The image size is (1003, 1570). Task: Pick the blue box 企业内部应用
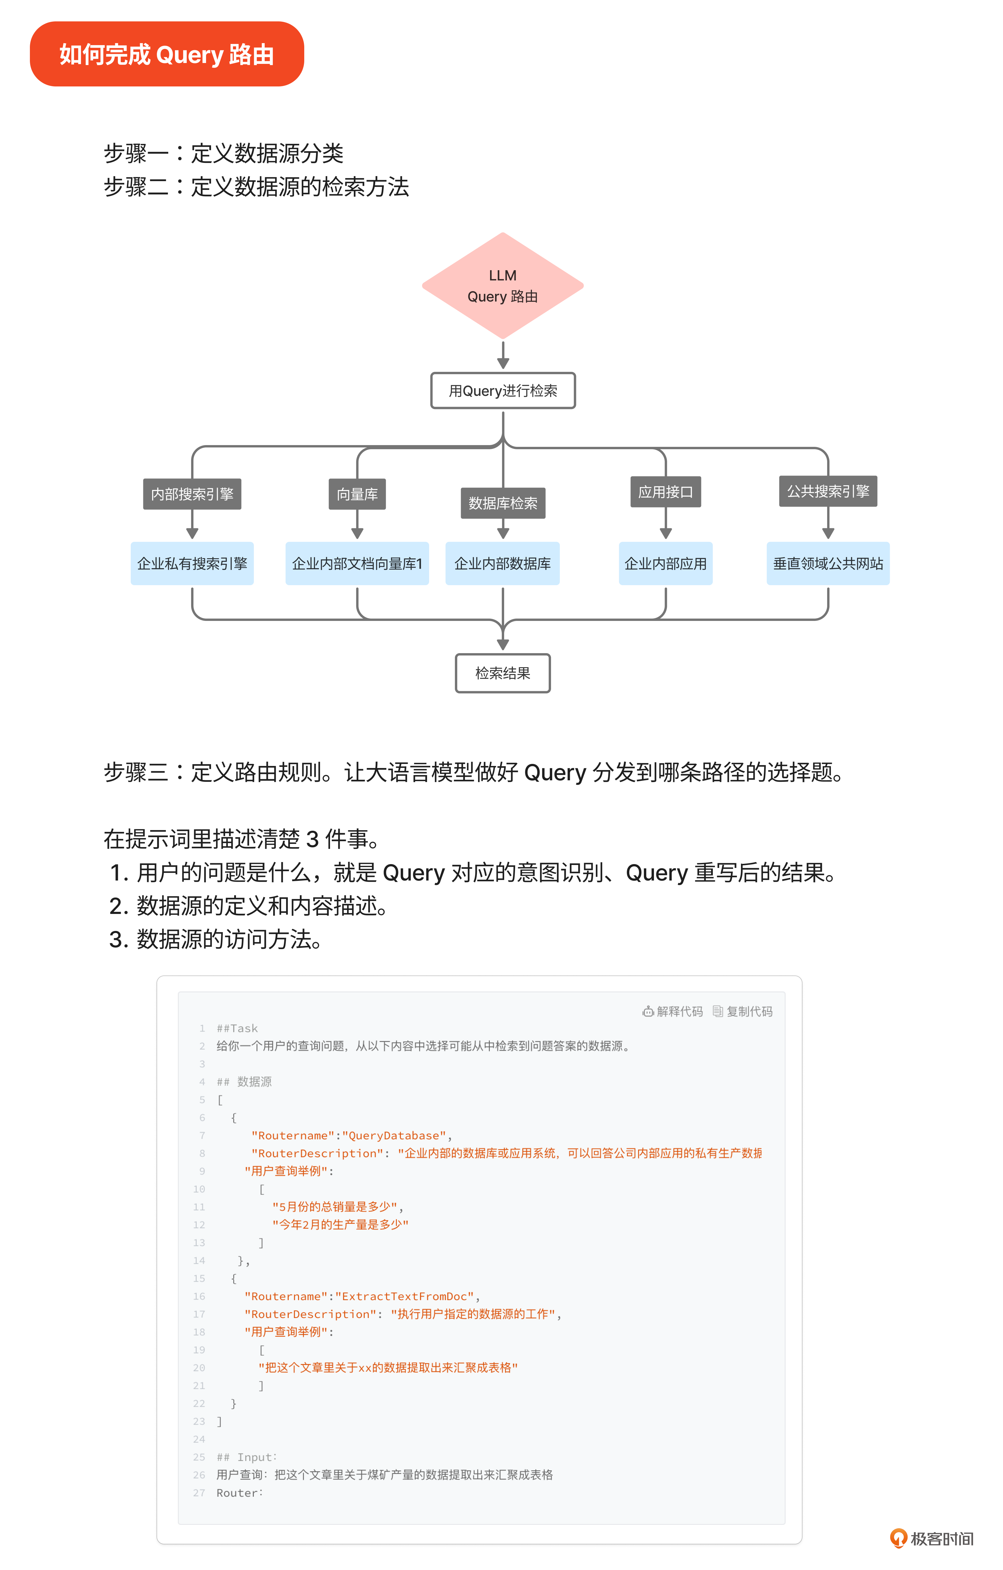(x=665, y=563)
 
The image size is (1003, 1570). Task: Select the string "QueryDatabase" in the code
(x=394, y=1135)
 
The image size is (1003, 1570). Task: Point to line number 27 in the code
(x=199, y=1492)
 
